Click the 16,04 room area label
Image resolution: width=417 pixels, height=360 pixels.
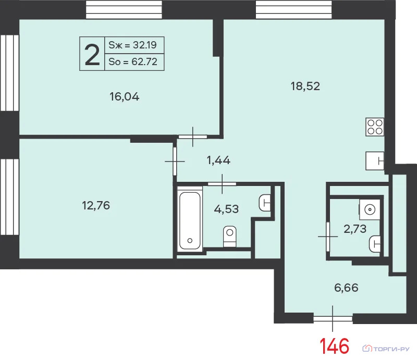tap(124, 96)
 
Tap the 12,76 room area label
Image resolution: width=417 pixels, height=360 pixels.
tap(96, 205)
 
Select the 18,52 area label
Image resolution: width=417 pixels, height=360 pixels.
tap(305, 86)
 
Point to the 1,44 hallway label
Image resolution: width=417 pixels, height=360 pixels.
tap(218, 160)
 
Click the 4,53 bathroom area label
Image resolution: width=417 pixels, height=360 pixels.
tap(226, 209)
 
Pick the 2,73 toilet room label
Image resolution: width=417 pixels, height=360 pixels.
tap(355, 229)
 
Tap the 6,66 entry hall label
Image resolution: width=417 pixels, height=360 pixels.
tap(346, 288)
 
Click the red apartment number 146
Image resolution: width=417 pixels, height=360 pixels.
tap(334, 346)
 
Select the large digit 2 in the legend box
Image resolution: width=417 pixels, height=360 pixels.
tap(92, 55)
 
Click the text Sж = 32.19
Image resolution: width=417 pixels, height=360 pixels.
tap(133, 45)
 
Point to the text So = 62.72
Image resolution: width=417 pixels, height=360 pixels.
tap(133, 61)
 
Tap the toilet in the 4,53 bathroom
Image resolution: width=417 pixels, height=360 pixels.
tap(230, 236)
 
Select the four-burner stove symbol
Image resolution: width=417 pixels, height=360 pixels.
tap(375, 127)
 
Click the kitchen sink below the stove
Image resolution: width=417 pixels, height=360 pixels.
tap(375, 160)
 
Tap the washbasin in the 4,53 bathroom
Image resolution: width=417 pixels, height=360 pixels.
tap(265, 203)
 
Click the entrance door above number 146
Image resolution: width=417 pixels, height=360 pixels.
tap(333, 318)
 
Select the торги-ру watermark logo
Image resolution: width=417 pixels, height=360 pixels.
tap(386, 349)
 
